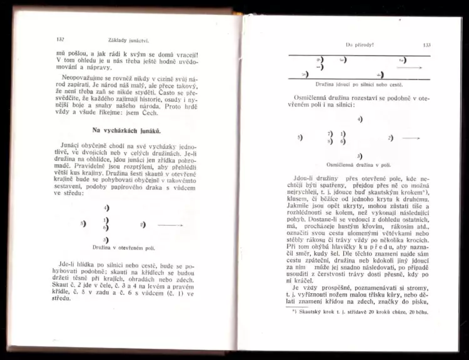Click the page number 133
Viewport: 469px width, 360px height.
click(426, 45)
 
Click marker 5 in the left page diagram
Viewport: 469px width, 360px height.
click(84, 223)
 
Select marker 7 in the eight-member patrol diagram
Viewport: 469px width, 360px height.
click(330, 134)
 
